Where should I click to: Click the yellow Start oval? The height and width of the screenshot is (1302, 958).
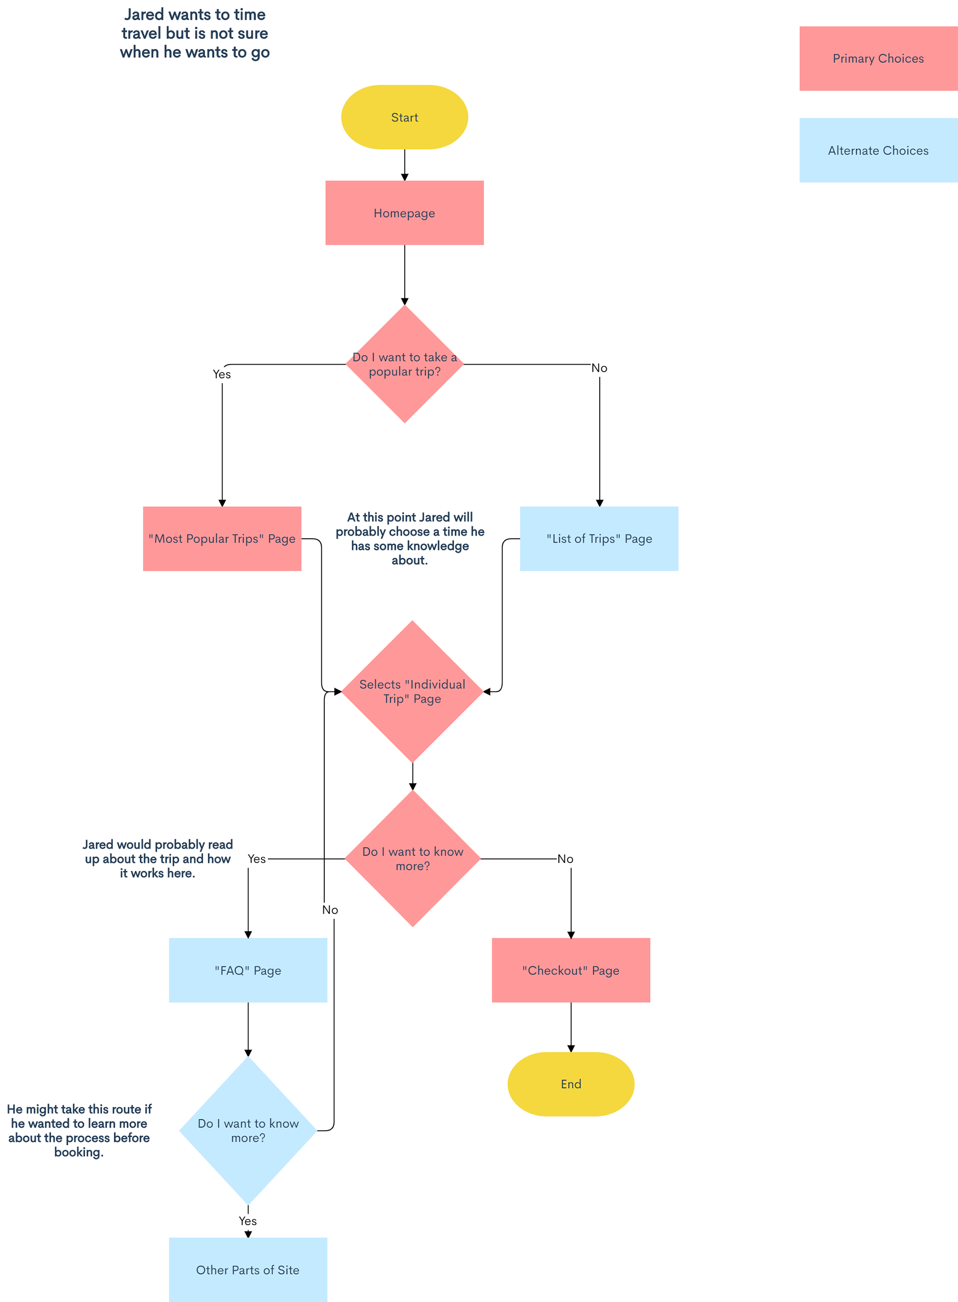404,117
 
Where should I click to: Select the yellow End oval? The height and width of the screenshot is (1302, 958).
571,1084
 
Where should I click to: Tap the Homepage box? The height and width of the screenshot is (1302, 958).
404,213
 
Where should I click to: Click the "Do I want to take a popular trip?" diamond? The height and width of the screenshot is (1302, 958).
404,364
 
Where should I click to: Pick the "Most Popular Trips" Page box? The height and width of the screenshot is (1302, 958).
222,539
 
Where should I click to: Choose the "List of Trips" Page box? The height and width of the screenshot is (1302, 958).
599,539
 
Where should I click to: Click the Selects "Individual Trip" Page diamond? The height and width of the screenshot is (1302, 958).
412,691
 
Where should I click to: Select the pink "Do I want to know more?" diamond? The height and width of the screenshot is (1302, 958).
412,859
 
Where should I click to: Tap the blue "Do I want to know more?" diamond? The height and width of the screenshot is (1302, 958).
248,1130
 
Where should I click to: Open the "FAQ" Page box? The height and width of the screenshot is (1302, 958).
248,970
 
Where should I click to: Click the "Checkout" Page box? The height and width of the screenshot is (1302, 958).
571,970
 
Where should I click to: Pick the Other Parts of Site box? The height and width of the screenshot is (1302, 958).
248,1270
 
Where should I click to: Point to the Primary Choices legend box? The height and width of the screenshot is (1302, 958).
878,58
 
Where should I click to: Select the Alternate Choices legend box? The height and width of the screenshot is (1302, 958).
878,151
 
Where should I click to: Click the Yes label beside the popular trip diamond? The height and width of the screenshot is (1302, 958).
222,375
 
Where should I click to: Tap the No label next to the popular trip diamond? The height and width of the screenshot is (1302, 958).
600,368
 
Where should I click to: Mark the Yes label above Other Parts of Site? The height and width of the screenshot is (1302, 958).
248,1221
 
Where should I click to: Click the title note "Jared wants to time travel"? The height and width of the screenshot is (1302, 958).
195,33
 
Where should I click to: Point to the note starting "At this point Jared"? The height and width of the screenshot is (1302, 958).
410,539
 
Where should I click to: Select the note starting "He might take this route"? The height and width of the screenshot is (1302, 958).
79,1130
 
